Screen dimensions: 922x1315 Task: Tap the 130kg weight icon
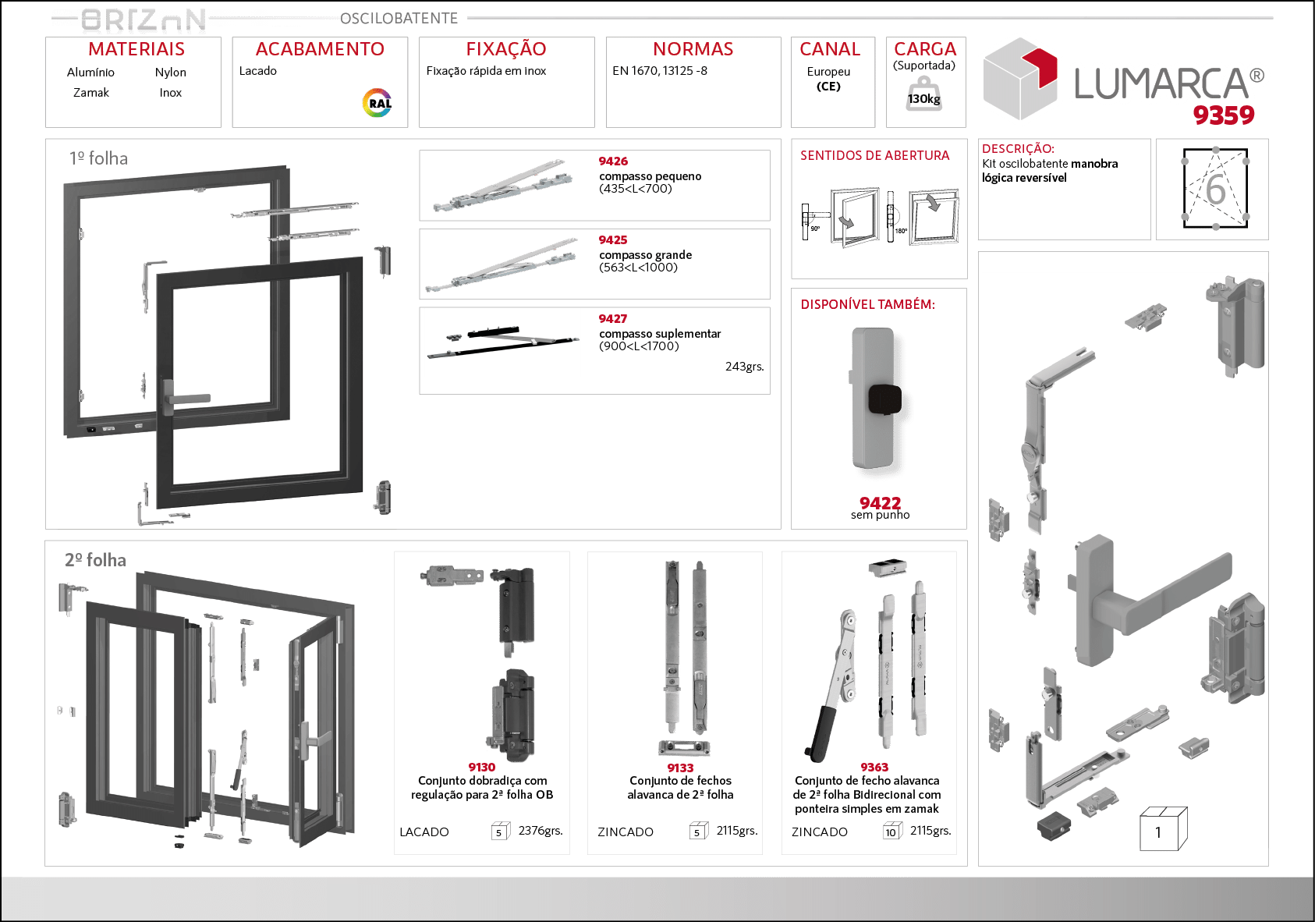tap(923, 95)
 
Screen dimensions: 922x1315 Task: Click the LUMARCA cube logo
tap(1020, 79)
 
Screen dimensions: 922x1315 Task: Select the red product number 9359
tap(1223, 115)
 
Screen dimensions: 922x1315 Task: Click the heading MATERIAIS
tap(136, 49)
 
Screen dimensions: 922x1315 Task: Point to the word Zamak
tap(91, 93)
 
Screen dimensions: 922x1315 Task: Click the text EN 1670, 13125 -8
tap(660, 71)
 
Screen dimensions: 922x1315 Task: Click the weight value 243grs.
tap(744, 367)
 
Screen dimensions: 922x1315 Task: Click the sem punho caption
tap(880, 515)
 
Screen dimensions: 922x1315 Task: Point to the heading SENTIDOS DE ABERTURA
tap(875, 156)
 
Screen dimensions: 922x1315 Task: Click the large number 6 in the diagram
tap(1215, 190)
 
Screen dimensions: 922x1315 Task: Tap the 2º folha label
tap(95, 560)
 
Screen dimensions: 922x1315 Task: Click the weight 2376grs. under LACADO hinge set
tap(540, 831)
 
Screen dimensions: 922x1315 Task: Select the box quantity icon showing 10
tap(891, 832)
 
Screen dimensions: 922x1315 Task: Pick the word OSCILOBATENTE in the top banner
tap(399, 18)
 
